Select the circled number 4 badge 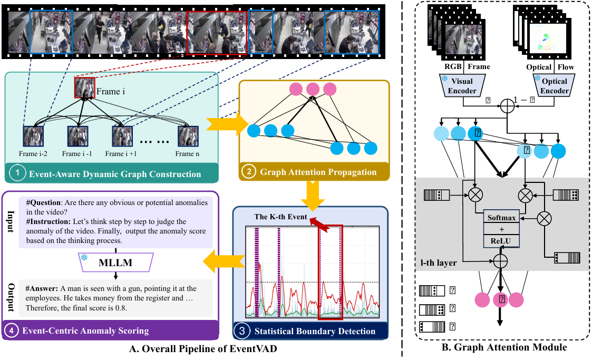point(13,331)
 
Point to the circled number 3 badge point(241,331)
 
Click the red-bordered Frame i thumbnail point(84,87)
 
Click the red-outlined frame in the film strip point(209,33)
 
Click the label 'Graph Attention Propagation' point(319,172)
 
